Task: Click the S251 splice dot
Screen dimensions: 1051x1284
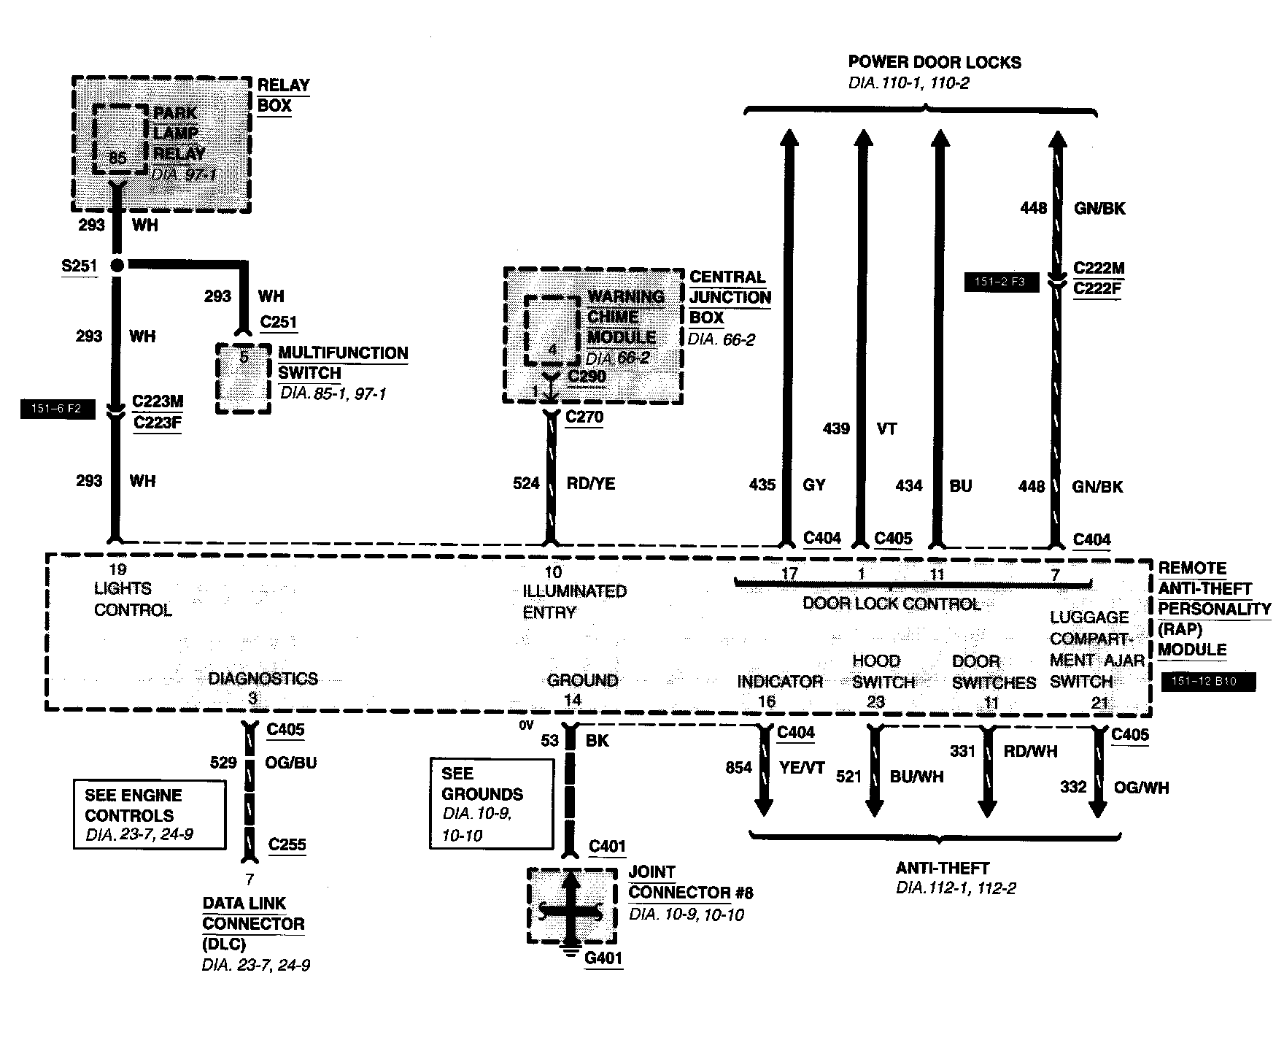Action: tap(116, 266)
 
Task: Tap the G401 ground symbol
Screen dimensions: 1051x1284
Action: tap(572, 951)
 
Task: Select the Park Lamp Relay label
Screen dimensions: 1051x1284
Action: tap(179, 134)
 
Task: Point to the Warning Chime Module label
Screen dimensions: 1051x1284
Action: tap(626, 317)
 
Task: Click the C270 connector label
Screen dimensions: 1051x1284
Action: tap(584, 417)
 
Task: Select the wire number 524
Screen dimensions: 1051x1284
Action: tap(526, 483)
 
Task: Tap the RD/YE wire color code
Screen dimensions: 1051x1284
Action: tap(591, 483)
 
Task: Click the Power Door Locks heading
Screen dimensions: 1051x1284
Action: tap(935, 62)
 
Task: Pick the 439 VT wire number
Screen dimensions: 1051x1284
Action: tap(836, 428)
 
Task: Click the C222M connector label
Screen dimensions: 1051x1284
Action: tap(1099, 268)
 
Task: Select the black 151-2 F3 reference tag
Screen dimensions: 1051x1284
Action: tap(1001, 282)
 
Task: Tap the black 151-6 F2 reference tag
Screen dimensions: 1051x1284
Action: tap(58, 409)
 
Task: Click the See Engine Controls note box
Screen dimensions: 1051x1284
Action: tap(150, 815)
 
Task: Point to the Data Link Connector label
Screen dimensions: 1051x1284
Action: tap(252, 923)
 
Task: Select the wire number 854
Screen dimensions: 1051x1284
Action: tap(738, 767)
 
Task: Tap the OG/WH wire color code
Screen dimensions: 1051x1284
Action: tap(1141, 788)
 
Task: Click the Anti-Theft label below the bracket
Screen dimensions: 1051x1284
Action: tap(942, 868)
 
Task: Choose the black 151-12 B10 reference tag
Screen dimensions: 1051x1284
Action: tap(1209, 682)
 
